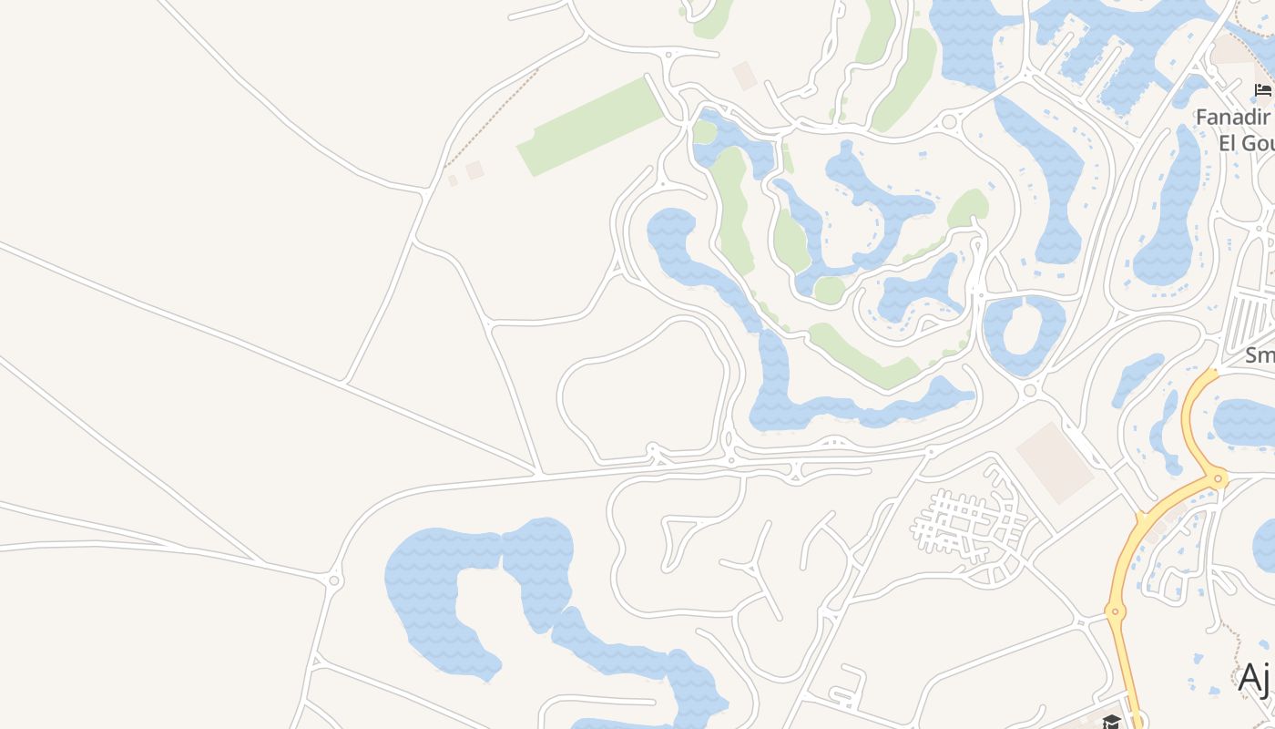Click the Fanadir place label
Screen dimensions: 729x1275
point(1232,118)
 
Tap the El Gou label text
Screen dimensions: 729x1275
point(1246,143)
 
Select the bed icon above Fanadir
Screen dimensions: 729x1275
point(1262,89)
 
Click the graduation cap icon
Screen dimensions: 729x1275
point(1111,722)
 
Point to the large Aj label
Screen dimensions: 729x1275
point(1255,678)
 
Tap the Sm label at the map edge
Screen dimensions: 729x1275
point(1260,354)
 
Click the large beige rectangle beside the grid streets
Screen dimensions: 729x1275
point(1055,462)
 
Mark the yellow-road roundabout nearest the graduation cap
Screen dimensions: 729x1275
point(1114,611)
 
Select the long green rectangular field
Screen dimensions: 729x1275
point(590,127)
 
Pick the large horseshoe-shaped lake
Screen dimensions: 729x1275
point(474,592)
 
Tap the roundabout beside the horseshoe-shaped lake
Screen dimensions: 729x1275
point(334,580)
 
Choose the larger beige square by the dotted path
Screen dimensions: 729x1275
point(474,169)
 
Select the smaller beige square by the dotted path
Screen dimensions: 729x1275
point(453,180)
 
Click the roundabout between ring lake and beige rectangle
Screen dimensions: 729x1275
point(1030,391)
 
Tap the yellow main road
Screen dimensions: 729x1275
point(1124,565)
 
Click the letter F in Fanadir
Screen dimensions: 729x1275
point(1201,118)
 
